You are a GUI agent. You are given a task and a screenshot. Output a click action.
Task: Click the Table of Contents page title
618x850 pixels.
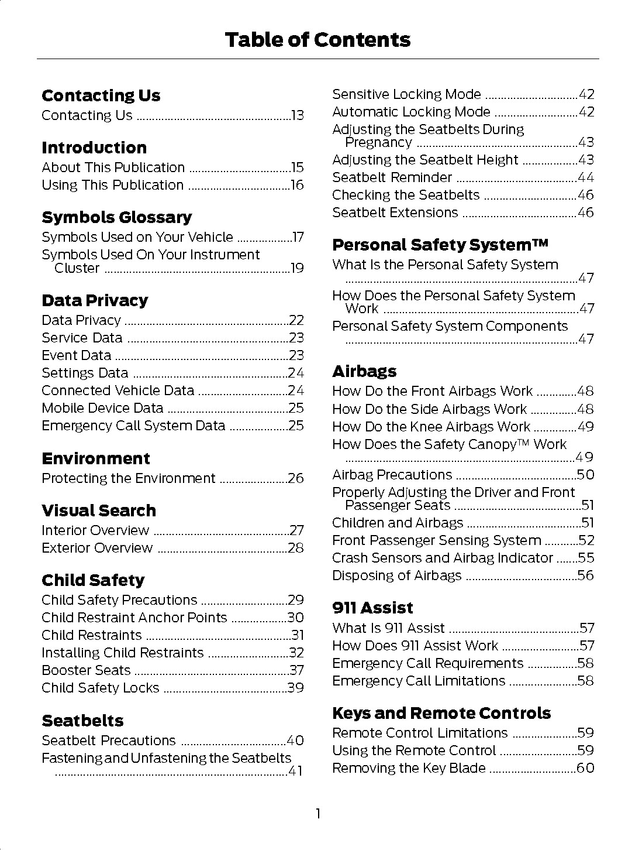pyautogui.click(x=317, y=40)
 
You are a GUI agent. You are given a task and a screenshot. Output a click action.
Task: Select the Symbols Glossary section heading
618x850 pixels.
pyautogui.click(x=116, y=218)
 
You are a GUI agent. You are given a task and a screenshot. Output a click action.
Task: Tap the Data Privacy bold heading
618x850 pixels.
pyautogui.click(x=95, y=301)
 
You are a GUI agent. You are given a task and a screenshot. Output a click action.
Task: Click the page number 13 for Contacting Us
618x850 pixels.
pyautogui.click(x=298, y=116)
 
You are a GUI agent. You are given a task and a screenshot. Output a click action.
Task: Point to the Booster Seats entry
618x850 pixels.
pyautogui.click(x=86, y=671)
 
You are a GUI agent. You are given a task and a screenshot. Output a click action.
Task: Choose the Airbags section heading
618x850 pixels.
pyautogui.click(x=364, y=372)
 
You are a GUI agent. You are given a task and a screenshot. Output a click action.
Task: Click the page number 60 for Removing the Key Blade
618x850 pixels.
pyautogui.click(x=585, y=769)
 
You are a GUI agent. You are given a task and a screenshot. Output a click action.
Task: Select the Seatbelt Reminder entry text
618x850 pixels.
pyautogui.click(x=392, y=178)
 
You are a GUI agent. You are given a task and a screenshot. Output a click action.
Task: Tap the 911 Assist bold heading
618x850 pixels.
pyautogui.click(x=372, y=608)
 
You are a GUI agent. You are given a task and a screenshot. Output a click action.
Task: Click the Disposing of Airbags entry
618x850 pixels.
pyautogui.click(x=396, y=576)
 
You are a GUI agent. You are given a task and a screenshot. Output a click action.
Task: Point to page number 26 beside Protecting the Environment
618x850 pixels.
pyautogui.click(x=296, y=479)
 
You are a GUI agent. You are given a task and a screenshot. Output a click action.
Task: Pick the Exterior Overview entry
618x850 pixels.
pyautogui.click(x=97, y=549)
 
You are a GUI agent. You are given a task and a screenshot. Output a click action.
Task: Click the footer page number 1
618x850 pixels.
pyautogui.click(x=317, y=814)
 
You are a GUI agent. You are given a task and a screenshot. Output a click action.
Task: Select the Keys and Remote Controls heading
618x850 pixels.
pyautogui.click(x=441, y=714)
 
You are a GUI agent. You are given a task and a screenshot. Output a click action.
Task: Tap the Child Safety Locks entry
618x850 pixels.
pyautogui.click(x=100, y=688)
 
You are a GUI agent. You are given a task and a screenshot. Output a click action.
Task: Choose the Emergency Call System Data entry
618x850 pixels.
pyautogui.click(x=133, y=426)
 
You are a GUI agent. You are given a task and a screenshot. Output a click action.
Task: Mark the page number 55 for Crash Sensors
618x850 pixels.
pyautogui.click(x=586, y=558)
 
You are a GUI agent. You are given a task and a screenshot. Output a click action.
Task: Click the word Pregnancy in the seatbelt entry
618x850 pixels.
pyautogui.click(x=378, y=143)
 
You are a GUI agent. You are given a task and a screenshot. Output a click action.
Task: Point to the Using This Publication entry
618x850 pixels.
pyautogui.click(x=112, y=186)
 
